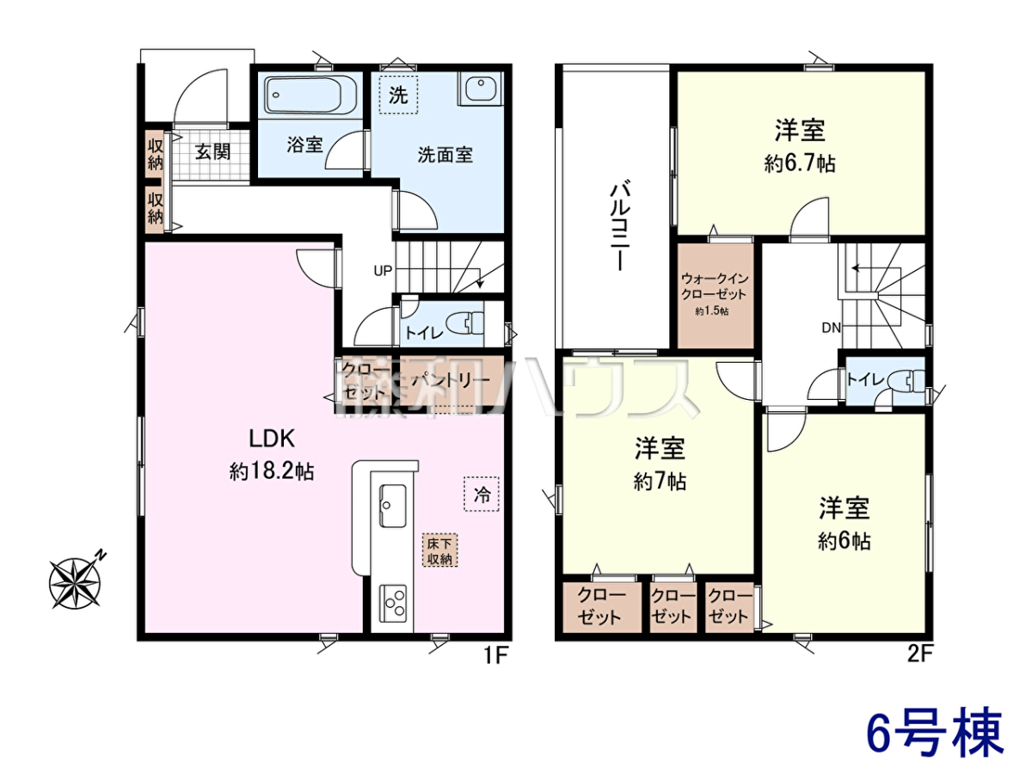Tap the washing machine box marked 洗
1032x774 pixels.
[398, 95]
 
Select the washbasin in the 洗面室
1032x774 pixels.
[479, 89]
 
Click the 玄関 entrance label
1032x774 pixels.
[213, 152]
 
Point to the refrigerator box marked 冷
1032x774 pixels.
[482, 494]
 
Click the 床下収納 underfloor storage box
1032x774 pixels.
[439, 550]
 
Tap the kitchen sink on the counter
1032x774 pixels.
[393, 507]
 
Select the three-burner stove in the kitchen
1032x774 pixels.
[393, 603]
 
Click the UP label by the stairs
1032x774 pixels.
[383, 271]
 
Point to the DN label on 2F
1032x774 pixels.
[831, 328]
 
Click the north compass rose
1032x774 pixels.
[77, 581]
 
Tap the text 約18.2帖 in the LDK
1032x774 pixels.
[272, 471]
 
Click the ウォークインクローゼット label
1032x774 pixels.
[715, 286]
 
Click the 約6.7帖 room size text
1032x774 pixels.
[800, 163]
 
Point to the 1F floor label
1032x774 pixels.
[495, 654]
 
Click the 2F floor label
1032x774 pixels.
[920, 654]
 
